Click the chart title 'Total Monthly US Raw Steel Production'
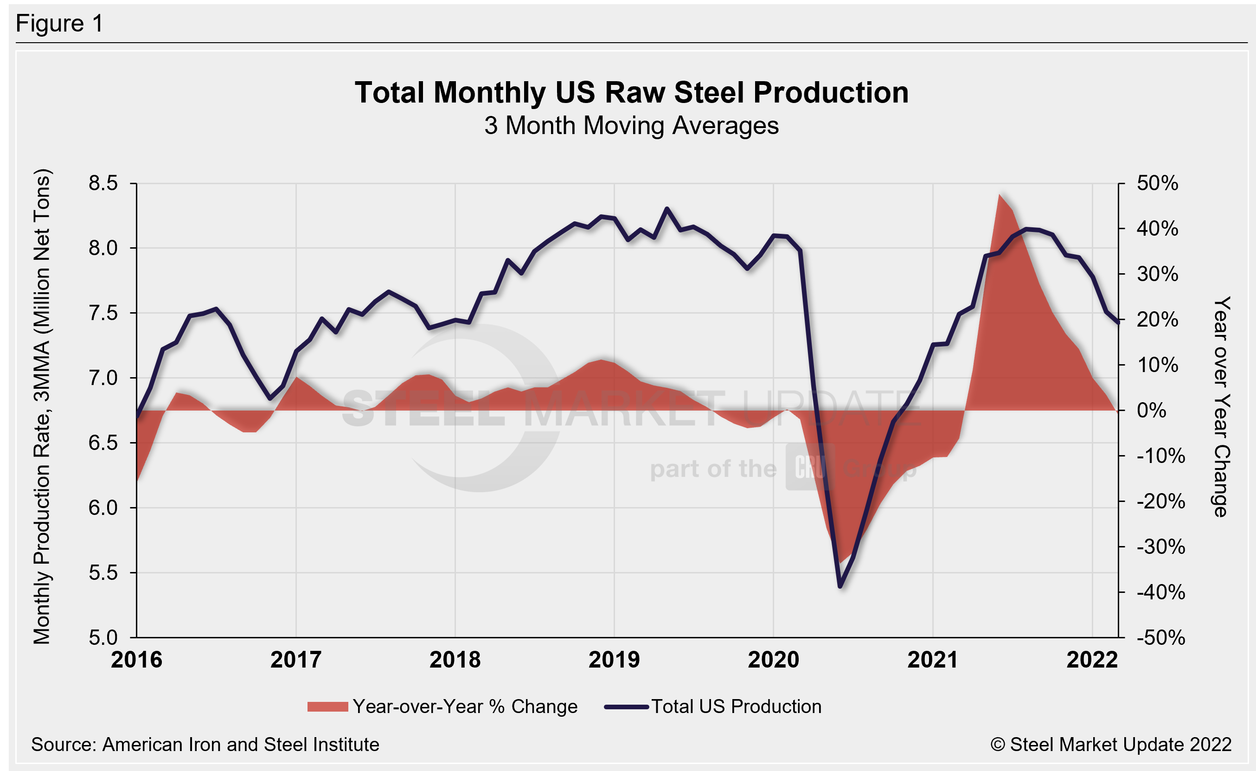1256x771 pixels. point(631,93)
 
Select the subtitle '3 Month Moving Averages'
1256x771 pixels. point(631,125)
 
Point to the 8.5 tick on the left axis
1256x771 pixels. point(103,183)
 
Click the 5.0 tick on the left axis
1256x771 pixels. point(103,637)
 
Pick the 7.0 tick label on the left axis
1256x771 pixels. point(103,378)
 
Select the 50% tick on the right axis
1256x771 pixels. point(1157,183)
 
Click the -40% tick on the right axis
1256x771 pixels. point(1160,592)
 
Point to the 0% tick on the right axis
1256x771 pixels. point(1151,411)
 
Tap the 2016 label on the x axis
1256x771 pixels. point(137,660)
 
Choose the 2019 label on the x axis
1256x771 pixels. point(614,660)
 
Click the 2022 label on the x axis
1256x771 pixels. point(1092,660)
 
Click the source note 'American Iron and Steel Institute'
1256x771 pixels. point(205,745)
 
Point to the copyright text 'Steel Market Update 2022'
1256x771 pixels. point(1111,745)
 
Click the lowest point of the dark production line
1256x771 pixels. point(840,587)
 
